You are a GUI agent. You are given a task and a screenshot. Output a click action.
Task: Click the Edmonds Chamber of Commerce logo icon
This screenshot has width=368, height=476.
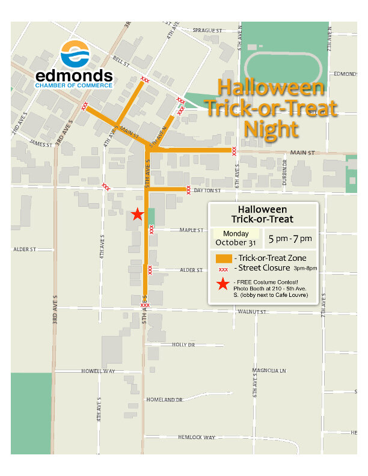[x=75, y=55]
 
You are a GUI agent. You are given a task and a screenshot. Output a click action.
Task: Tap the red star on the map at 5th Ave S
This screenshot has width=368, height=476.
[x=137, y=214]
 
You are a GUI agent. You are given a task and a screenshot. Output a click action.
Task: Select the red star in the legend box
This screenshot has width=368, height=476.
[x=223, y=284]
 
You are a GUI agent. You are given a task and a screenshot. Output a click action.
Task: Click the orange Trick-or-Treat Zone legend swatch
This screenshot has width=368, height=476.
[x=223, y=258]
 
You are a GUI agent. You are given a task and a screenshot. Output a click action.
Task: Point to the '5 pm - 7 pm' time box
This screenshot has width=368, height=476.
[x=290, y=239]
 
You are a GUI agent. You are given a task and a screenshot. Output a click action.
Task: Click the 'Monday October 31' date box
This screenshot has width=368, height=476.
[x=235, y=239]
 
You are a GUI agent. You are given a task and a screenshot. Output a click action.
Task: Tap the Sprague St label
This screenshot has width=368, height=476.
[x=207, y=30]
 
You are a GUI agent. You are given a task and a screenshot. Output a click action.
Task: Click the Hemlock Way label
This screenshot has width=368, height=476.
[x=197, y=437]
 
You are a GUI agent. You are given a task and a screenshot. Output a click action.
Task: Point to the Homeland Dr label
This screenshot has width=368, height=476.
[x=164, y=400]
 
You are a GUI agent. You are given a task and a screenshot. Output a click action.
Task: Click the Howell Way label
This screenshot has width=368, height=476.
[x=98, y=371]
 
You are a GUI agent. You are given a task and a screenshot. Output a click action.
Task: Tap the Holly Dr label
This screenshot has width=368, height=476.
[x=183, y=345]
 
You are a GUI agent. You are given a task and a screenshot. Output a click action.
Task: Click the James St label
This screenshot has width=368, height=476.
[x=41, y=144]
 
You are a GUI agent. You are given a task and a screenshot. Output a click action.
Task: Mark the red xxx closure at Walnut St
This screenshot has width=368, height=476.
[x=145, y=305]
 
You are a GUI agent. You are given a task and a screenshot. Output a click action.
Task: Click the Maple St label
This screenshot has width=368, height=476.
[x=192, y=230]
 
